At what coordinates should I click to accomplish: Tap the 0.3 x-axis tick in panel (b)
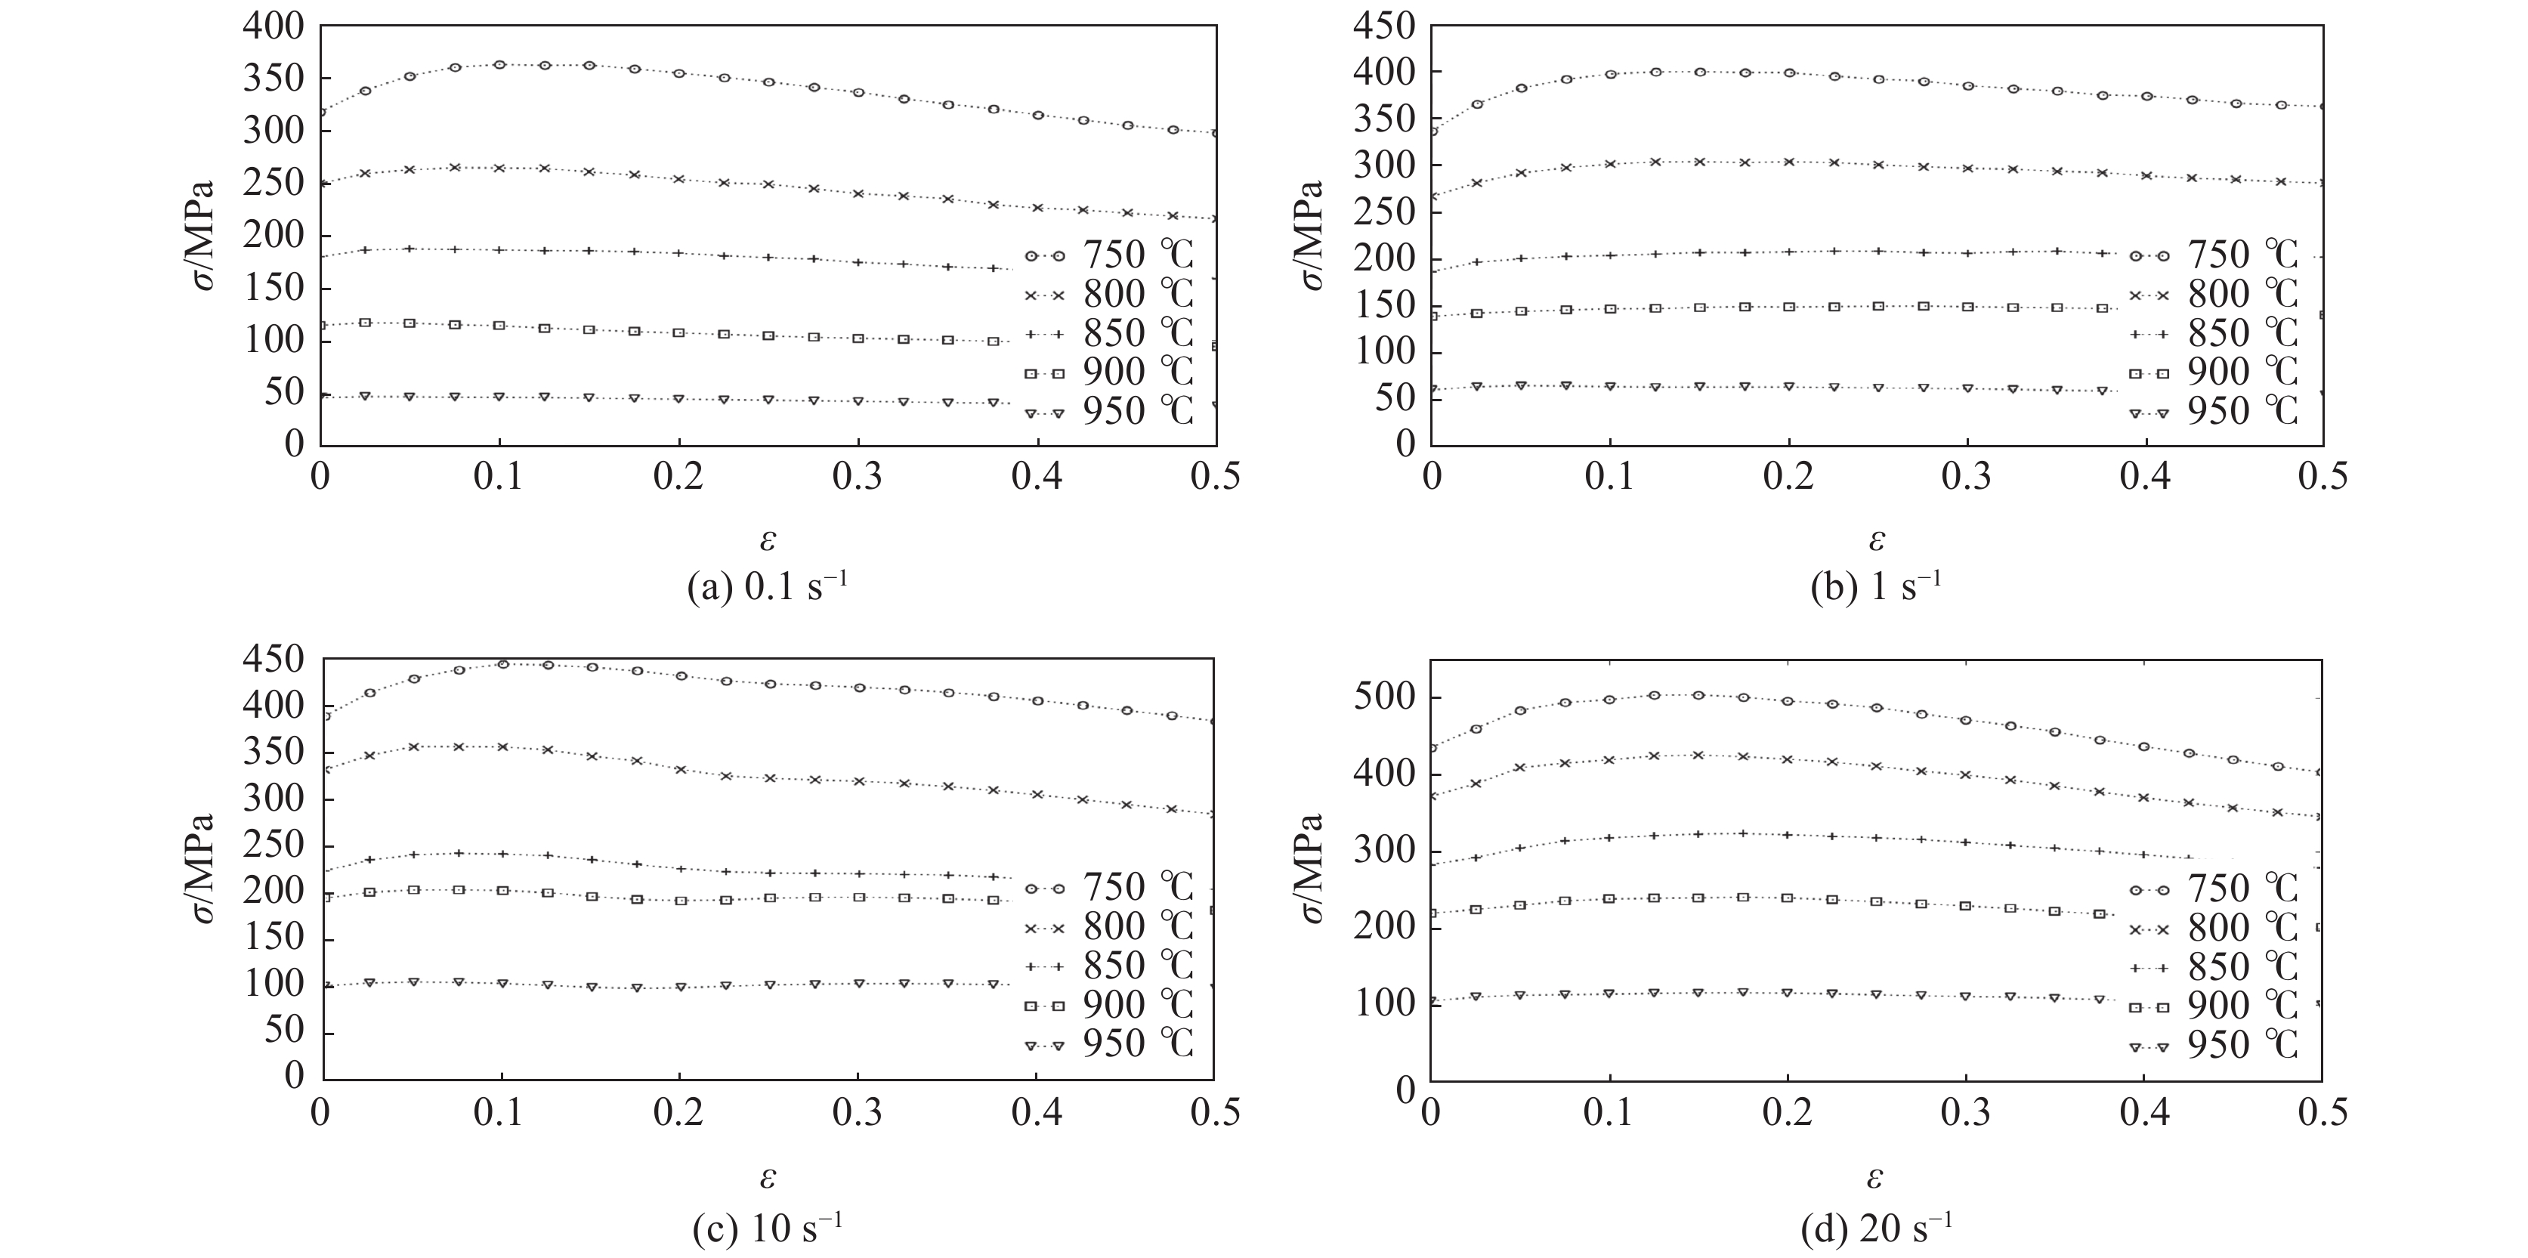[1967, 478]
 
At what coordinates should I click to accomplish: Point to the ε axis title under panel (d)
[1877, 1176]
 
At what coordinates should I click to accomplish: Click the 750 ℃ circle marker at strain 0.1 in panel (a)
[499, 65]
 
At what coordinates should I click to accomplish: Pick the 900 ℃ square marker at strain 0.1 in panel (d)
[1609, 899]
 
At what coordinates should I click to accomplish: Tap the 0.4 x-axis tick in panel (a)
[1037, 478]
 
